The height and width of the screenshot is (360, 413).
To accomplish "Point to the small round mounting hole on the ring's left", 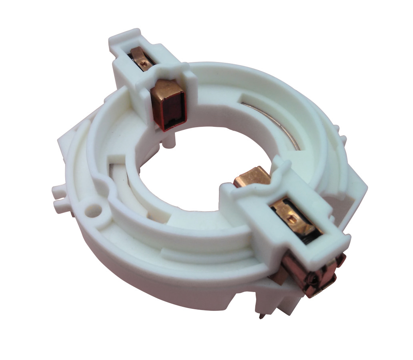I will pos(94,208).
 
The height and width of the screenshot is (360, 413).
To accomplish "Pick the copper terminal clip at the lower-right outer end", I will pos(316,276).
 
